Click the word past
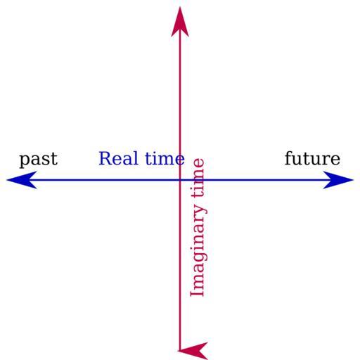click(x=39, y=160)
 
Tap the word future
click(x=312, y=158)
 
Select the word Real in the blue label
click(x=118, y=158)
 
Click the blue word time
click(x=165, y=158)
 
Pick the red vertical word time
click(x=198, y=180)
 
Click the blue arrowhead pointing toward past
click(x=22, y=180)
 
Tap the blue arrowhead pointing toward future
click(x=338, y=180)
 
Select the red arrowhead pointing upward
click(x=180, y=22)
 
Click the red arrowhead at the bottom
click(x=193, y=351)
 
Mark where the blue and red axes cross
click(x=180, y=180)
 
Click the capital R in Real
click(x=105, y=159)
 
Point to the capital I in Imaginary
click(x=197, y=293)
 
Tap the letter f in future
click(x=289, y=158)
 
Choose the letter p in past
click(x=24, y=161)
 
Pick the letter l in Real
click(x=135, y=158)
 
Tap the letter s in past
click(x=45, y=160)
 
